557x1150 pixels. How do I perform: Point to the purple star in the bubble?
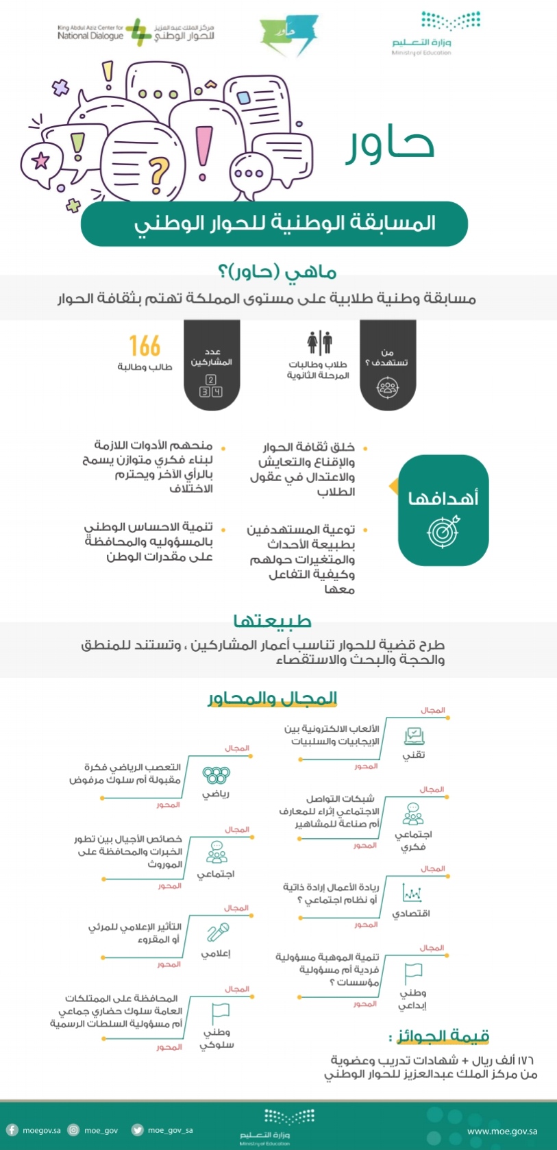(x=41, y=160)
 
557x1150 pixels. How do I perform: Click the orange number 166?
(x=145, y=346)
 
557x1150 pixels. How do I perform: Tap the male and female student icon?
(x=319, y=342)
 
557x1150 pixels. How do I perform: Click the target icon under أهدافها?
(x=443, y=531)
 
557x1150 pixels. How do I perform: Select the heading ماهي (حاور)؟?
(x=277, y=272)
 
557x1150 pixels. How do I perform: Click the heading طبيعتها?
(x=273, y=621)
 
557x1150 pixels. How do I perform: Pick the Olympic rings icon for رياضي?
(x=216, y=775)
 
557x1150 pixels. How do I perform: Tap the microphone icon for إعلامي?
(x=217, y=933)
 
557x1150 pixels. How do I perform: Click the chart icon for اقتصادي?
(x=412, y=894)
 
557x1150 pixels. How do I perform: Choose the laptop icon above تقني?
(x=414, y=736)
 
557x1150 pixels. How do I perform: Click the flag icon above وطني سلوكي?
(x=220, y=1012)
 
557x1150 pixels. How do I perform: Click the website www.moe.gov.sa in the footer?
(x=502, y=1131)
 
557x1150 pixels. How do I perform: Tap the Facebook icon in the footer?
(x=12, y=1130)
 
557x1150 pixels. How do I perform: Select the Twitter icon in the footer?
(x=137, y=1130)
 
